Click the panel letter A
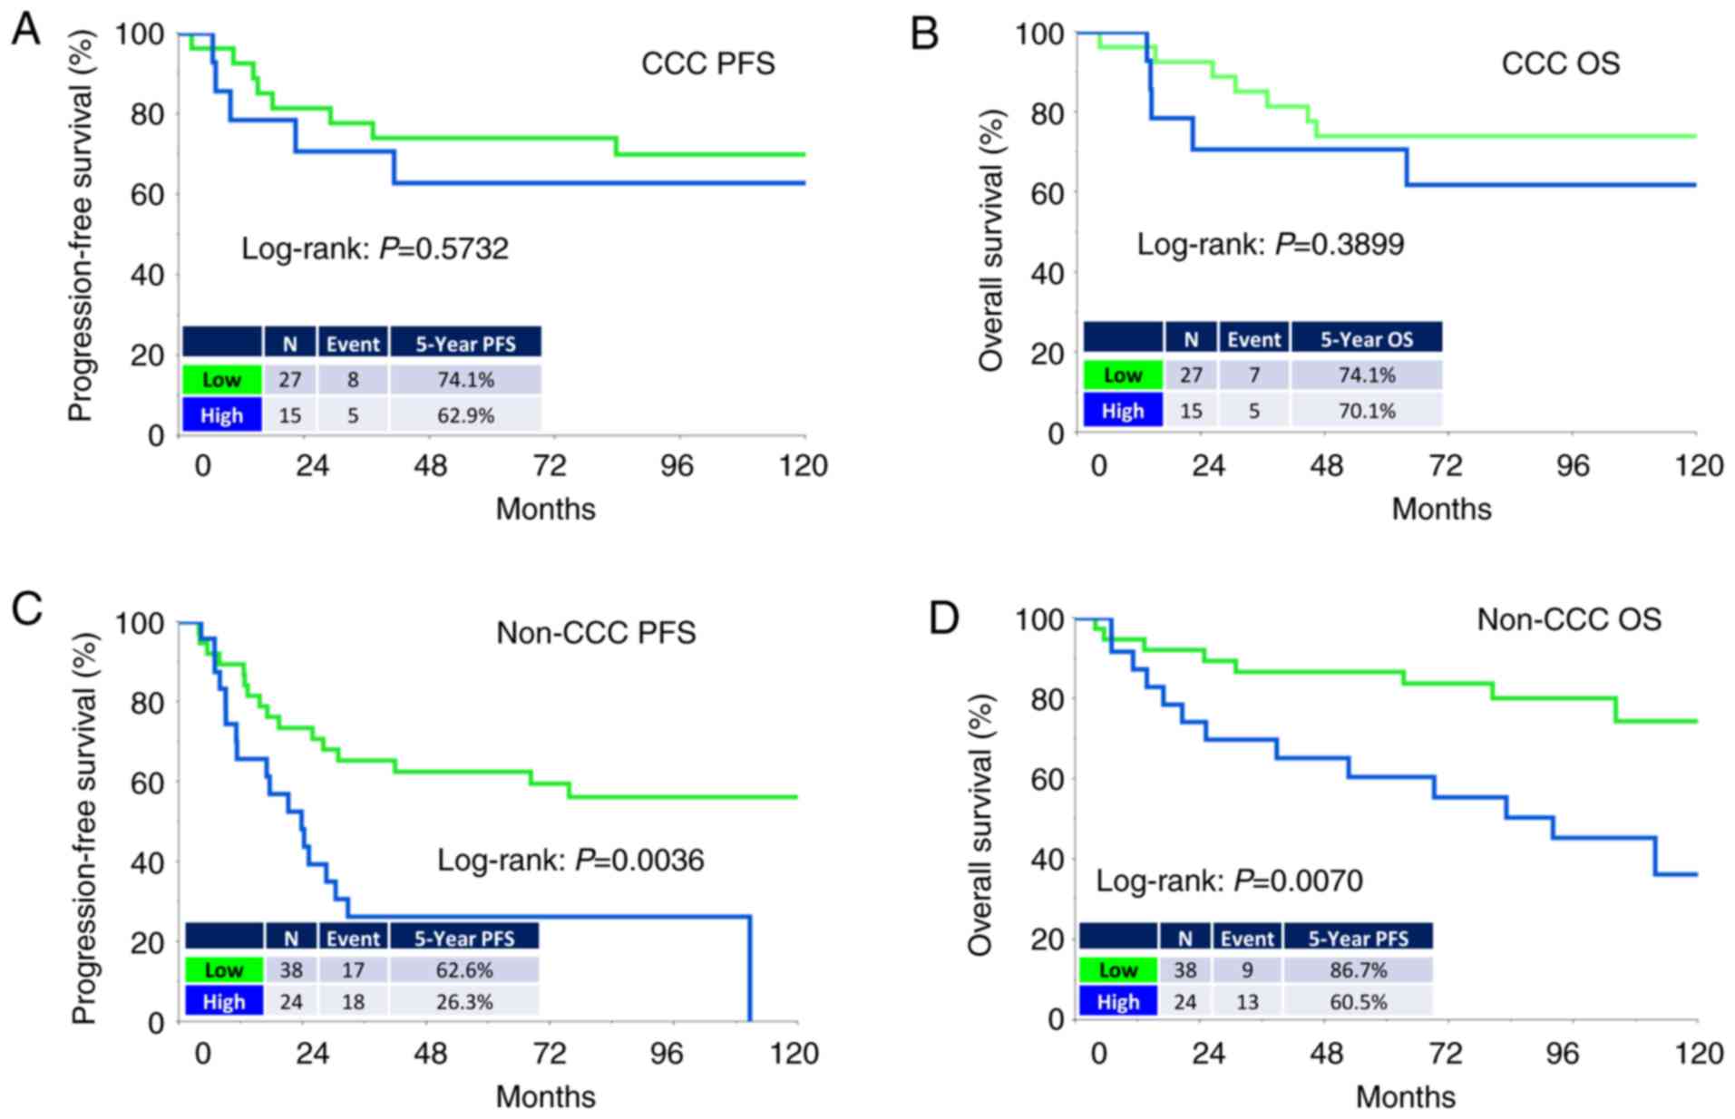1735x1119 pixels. tap(25, 31)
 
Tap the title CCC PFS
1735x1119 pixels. tap(707, 63)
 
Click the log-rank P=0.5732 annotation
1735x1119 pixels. tap(375, 248)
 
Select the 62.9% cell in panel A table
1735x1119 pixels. tap(465, 415)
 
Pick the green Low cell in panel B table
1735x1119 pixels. tap(1122, 375)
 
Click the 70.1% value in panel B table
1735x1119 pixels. tap(1366, 411)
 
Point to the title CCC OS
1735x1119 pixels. tap(1560, 63)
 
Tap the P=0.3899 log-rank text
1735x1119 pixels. tap(1270, 244)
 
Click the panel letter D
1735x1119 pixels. tap(944, 618)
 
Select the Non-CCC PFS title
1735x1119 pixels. tap(596, 632)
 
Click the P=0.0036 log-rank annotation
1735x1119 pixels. tap(570, 860)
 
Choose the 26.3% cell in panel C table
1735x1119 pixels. tap(464, 1001)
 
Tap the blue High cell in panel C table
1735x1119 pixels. tap(223, 1001)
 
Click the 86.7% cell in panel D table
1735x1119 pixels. tap(1358, 969)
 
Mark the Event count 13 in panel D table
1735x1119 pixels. tap(1247, 1001)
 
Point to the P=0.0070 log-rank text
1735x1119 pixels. tap(1229, 881)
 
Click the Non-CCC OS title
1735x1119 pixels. tap(1569, 619)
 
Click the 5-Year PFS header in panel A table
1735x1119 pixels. tap(465, 344)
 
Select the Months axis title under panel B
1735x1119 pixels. tap(1441, 509)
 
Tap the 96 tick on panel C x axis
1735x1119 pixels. tap(667, 1053)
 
